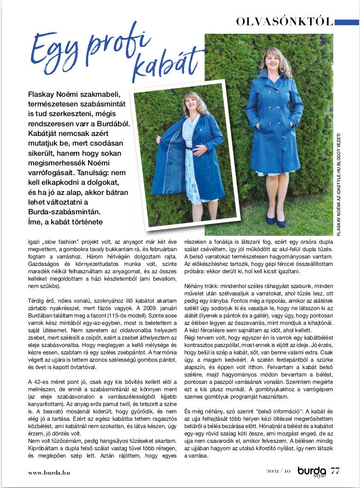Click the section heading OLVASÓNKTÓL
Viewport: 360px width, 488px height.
pos(284,21)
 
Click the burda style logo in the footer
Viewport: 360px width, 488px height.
pos(312,471)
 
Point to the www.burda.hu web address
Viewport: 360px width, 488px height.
pos(49,472)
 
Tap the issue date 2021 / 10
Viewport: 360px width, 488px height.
pos(278,471)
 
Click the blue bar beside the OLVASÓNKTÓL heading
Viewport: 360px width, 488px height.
pos(346,22)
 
